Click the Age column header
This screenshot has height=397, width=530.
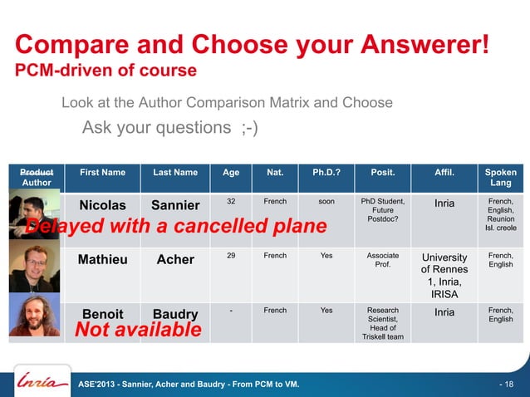231,173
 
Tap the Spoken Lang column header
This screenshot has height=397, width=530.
501,178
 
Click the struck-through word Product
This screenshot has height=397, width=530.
36,172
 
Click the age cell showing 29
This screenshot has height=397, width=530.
231,256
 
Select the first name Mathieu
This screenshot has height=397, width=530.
102,259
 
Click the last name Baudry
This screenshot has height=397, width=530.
175,314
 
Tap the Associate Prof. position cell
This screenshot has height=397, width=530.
383,260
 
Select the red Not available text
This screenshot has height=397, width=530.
138,331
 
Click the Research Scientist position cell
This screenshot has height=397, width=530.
383,325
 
